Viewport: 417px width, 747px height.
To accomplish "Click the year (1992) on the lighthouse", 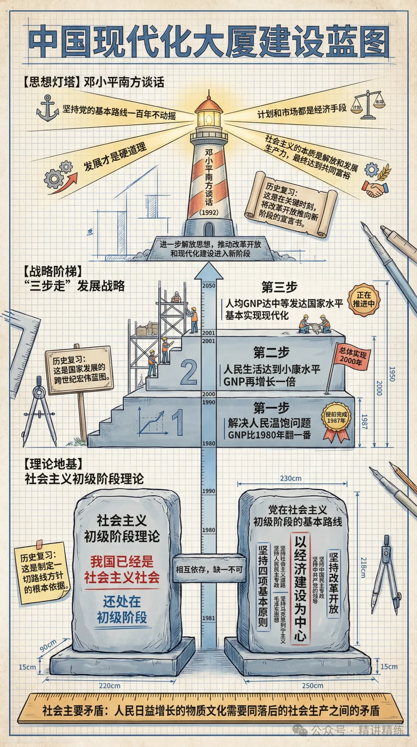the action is (209, 212).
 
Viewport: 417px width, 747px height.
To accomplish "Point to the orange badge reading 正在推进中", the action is (364, 300).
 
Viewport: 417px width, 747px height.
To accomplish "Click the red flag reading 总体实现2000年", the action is (353, 357).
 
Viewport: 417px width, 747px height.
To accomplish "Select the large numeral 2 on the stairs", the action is (189, 372).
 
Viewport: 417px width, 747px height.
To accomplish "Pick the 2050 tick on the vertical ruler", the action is (209, 285).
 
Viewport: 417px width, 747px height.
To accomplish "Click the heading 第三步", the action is (279, 287).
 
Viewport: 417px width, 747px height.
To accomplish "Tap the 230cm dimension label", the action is (291, 478).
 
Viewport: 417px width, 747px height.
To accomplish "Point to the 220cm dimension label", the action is (110, 686).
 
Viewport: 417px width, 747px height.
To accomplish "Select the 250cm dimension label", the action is (312, 686).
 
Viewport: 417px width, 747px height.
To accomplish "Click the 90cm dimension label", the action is (48, 645).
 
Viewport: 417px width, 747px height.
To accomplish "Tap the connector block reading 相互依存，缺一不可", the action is (209, 569).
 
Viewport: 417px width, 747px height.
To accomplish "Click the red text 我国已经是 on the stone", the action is (122, 561).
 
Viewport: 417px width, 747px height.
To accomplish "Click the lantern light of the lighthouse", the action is (209, 119).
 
